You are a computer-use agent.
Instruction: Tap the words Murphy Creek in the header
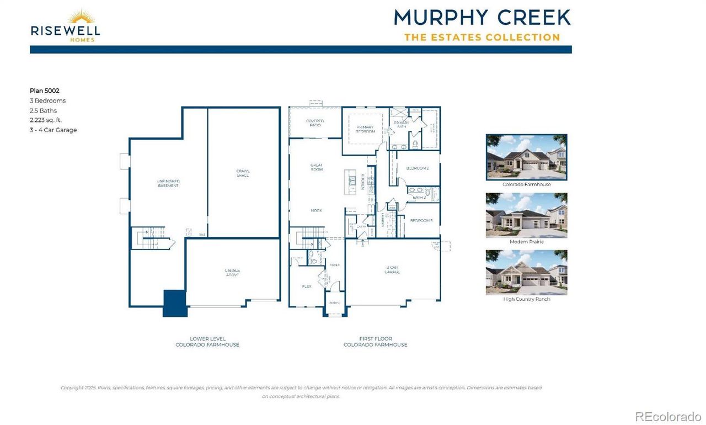(x=482, y=17)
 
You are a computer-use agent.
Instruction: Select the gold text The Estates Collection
(x=482, y=38)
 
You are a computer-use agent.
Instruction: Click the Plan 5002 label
(x=44, y=91)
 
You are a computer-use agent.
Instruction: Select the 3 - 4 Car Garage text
(x=53, y=130)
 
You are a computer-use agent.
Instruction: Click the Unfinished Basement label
(x=168, y=183)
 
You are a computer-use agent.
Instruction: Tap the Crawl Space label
(x=243, y=173)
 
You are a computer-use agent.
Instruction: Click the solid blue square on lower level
(x=174, y=303)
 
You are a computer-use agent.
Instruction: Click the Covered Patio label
(x=315, y=123)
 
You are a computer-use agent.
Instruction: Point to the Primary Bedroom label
(x=365, y=129)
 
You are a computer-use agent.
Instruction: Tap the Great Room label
(x=316, y=167)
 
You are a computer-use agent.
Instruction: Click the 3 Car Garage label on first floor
(x=393, y=270)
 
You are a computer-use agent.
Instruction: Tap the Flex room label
(x=307, y=286)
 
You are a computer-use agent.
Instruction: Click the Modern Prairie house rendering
(x=526, y=215)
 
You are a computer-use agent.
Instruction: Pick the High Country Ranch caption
(x=526, y=299)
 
